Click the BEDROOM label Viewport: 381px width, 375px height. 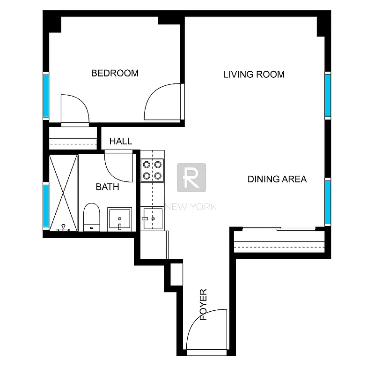coord(115,73)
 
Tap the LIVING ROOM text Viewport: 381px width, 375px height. coord(254,74)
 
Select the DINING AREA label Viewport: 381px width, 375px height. coord(277,179)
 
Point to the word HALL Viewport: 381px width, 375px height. coord(121,141)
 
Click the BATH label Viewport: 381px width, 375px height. coord(107,187)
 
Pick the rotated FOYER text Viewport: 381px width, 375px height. coord(204,305)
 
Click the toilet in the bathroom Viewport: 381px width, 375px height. coord(91,217)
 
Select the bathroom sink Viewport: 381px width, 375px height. coord(119,219)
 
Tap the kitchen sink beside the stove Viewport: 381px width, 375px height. coord(152,218)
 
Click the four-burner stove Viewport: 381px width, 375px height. coord(152,170)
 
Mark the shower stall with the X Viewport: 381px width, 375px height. coord(63,192)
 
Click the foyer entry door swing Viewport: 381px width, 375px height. coord(206,330)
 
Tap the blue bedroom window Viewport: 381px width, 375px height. coord(46,96)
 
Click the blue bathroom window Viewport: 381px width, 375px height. coord(46,205)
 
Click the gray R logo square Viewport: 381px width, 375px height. coord(191,177)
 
